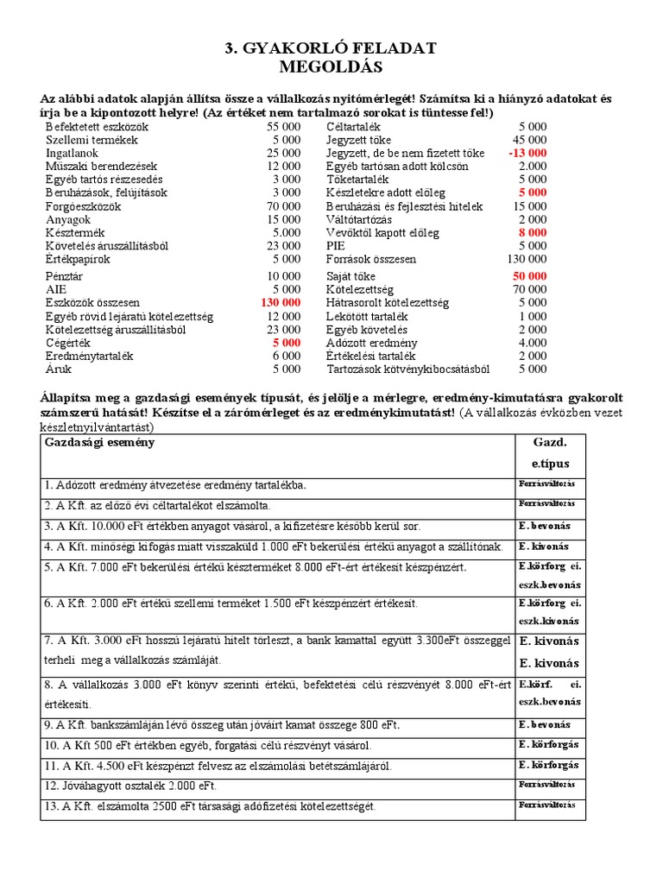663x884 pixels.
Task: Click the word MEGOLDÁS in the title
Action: [x=331, y=66]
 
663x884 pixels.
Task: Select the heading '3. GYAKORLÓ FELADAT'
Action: [x=331, y=48]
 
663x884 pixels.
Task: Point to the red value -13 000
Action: [x=527, y=153]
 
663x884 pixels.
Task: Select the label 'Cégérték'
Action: [x=70, y=343]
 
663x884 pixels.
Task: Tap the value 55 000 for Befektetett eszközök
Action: [x=283, y=126]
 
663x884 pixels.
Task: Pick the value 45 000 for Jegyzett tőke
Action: [x=529, y=140]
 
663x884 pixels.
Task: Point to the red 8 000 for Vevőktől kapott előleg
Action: [x=532, y=233]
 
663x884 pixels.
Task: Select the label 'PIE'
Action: [x=336, y=246]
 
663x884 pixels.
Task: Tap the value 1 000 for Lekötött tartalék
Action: [x=532, y=316]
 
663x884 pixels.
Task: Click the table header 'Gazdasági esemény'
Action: [x=100, y=442]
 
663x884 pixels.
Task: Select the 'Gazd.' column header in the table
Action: [x=550, y=442]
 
